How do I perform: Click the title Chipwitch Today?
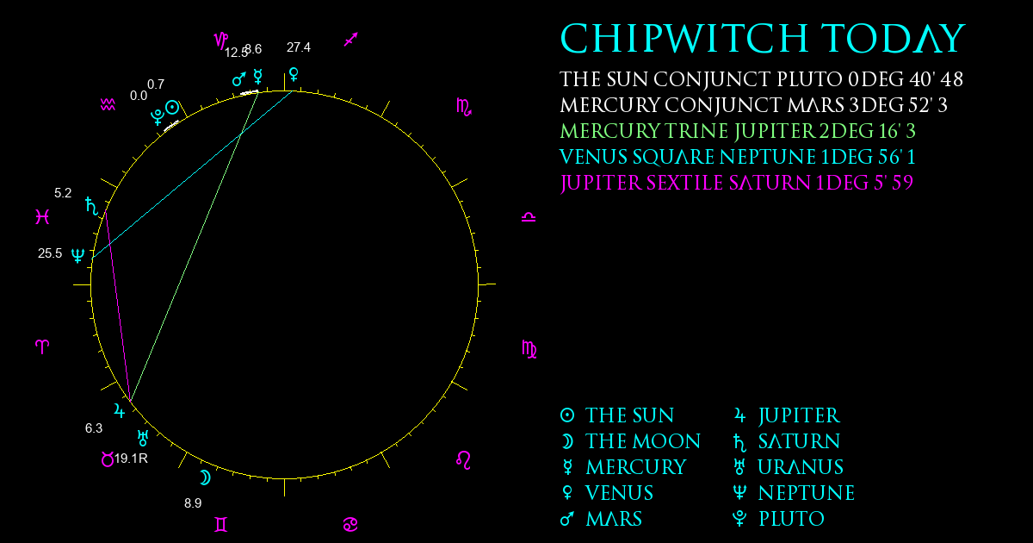[x=763, y=38]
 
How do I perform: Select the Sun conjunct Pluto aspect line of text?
[x=761, y=79]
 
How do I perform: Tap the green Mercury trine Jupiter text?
[x=738, y=131]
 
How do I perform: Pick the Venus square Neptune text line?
[x=738, y=157]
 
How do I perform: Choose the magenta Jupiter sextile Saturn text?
[x=737, y=183]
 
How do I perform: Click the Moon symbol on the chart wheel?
[x=205, y=477]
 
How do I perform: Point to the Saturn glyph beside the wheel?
[x=92, y=206]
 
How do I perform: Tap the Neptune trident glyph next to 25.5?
[x=78, y=255]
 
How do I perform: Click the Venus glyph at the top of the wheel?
[x=294, y=74]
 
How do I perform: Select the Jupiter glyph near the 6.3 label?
[x=119, y=410]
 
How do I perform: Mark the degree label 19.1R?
[x=131, y=459]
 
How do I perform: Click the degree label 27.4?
[x=299, y=47]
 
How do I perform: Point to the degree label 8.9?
[x=193, y=502]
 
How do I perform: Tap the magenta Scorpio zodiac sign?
[x=463, y=107]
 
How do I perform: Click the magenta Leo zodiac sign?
[x=463, y=460]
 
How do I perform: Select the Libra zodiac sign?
[x=529, y=217]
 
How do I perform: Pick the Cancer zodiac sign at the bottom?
[x=350, y=524]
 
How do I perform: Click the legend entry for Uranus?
[x=789, y=467]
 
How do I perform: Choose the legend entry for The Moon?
[x=630, y=441]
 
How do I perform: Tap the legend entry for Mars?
[x=601, y=519]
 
